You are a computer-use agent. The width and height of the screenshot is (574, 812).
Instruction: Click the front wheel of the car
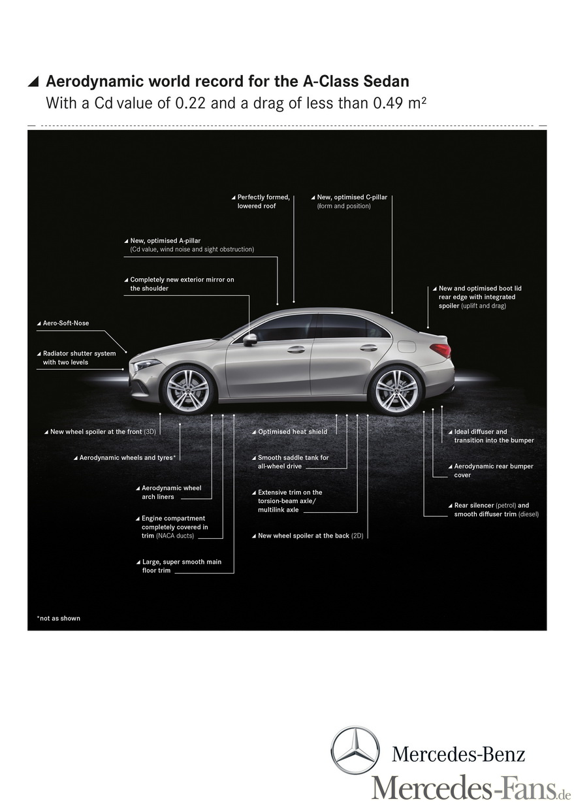point(187,390)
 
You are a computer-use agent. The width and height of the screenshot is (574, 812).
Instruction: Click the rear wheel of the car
point(395,390)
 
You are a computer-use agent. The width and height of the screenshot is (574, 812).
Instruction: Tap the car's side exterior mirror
point(249,339)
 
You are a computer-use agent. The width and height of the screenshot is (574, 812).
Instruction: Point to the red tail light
point(442,350)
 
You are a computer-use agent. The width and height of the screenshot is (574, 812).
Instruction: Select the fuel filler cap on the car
point(407,346)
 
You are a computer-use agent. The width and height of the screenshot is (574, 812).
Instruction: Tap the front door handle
point(296,349)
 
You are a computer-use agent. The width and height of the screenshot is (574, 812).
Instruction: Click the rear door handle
point(369,348)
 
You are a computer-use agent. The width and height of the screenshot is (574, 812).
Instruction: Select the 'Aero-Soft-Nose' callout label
point(65,323)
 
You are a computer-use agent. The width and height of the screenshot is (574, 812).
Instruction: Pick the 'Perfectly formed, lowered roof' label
point(263,201)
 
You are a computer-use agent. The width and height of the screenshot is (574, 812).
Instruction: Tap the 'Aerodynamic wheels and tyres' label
point(127,458)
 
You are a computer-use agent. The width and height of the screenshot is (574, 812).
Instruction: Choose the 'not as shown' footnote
point(59,618)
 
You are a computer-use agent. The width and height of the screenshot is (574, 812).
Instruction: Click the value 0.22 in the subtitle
point(185,103)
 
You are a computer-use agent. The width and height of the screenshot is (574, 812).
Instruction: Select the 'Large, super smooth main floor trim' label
point(181,566)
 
